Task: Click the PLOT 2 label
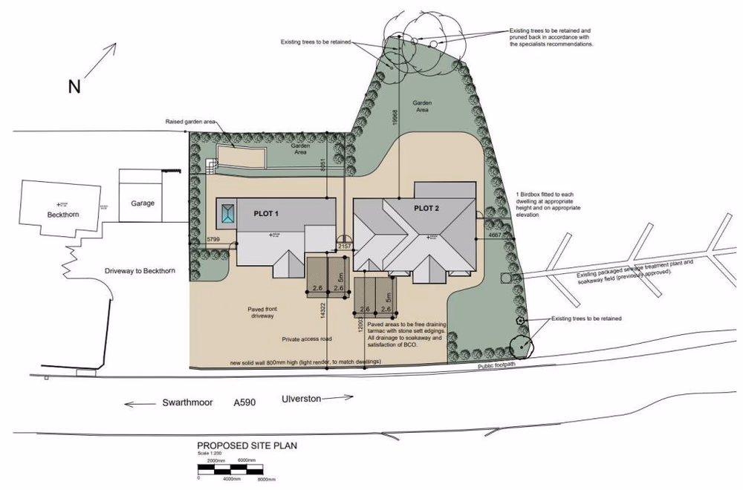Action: tap(426, 209)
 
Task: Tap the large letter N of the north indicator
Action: tap(74, 87)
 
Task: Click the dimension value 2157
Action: tap(344, 245)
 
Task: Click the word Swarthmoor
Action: tap(188, 403)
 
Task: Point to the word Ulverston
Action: tap(301, 399)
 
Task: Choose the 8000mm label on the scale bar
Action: tap(266, 480)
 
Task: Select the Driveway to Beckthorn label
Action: tap(140, 272)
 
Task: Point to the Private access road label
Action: tap(306, 339)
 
